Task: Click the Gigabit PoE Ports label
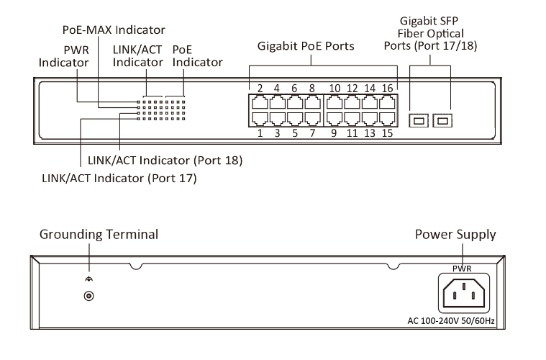click(306, 48)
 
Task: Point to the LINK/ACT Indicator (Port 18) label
click(165, 160)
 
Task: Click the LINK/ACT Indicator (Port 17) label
click(119, 177)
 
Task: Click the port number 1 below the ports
click(259, 132)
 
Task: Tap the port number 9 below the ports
click(334, 132)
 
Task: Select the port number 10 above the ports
click(335, 89)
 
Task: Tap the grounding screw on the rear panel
click(88, 296)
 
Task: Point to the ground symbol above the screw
click(88, 280)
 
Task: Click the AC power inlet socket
click(462, 294)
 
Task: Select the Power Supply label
click(455, 235)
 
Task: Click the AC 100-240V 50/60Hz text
click(462, 321)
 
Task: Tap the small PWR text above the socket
click(462, 266)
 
